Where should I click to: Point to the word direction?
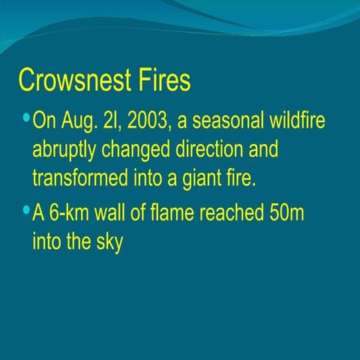[214, 150]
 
